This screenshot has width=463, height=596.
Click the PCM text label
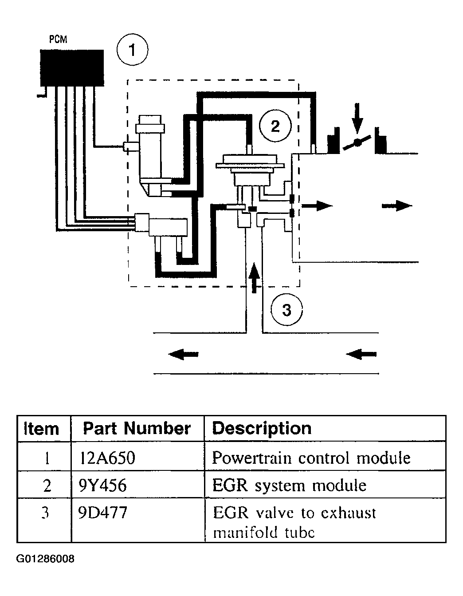pos(58,39)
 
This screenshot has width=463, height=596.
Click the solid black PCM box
pos(72,68)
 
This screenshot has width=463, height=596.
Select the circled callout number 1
pos(132,51)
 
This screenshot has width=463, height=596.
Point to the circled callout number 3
pos(286,309)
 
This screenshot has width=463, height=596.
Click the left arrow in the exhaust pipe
pos(184,354)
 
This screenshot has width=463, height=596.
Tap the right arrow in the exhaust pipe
pos(361,354)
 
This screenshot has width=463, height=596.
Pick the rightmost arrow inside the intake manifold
pos(397,205)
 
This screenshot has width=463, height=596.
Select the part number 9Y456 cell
pos(100,485)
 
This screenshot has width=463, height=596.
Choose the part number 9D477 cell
pos(100,513)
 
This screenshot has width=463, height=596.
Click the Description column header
pos(262,428)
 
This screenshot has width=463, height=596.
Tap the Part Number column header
pos(137,428)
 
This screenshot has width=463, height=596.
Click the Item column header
pos(41,429)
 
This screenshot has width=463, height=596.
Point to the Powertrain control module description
pos(311,458)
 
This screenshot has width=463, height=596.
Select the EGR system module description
pos(289,485)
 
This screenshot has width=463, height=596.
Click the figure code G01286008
pos(45,558)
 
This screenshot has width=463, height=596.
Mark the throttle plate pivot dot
pos(357,142)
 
